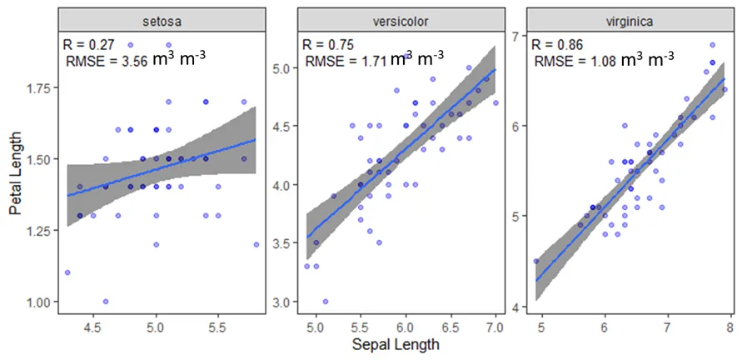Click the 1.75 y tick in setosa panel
tap(40, 87)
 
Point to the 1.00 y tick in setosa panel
tap(40, 302)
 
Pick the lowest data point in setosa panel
tap(105, 302)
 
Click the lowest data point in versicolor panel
tap(325, 302)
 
